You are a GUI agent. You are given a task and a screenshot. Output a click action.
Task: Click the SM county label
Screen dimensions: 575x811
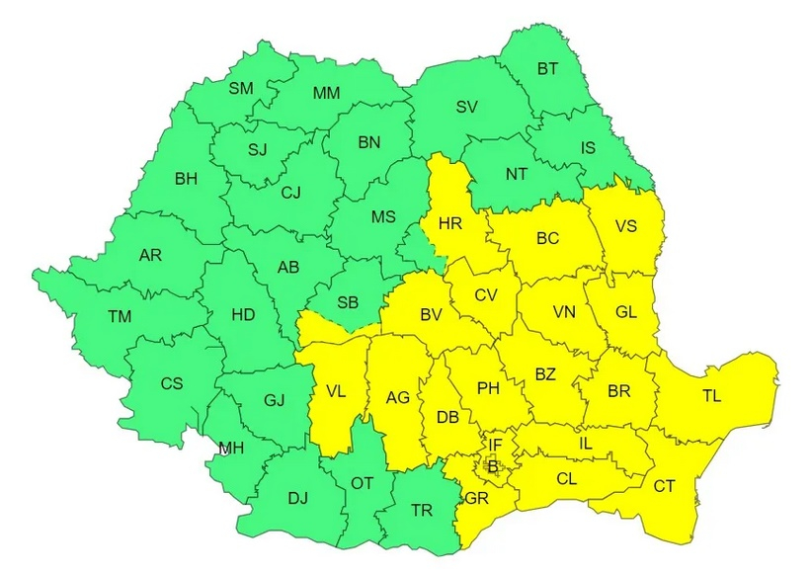241,88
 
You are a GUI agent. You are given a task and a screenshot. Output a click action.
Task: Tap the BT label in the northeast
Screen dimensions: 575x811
547,69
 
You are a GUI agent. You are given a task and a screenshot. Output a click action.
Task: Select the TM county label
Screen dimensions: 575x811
120,316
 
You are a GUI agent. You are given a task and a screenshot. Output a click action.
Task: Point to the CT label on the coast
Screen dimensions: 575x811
665,485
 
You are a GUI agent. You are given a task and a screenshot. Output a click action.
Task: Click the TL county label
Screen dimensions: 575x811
712,395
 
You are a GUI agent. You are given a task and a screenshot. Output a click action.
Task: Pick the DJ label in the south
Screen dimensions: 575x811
297,498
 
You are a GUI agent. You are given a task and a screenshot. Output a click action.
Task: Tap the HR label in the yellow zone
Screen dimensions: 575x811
450,223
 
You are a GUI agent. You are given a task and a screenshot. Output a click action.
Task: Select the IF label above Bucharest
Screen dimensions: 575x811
495,447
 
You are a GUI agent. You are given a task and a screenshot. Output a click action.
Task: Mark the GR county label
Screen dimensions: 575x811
477,498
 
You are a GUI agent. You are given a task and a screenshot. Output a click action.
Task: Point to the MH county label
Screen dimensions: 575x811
231,449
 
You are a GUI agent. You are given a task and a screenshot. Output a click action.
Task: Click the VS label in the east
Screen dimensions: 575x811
625,225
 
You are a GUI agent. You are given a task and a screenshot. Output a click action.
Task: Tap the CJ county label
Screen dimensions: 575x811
290,193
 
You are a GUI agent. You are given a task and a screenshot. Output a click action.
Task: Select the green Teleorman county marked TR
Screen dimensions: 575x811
422,511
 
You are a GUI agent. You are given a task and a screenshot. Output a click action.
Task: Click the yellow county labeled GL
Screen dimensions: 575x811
626,311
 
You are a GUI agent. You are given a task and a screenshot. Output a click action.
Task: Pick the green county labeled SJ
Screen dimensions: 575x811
258,150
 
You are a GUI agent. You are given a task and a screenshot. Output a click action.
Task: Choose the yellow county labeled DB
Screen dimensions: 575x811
446,417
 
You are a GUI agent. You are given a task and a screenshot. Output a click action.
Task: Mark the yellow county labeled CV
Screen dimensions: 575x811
485,294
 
